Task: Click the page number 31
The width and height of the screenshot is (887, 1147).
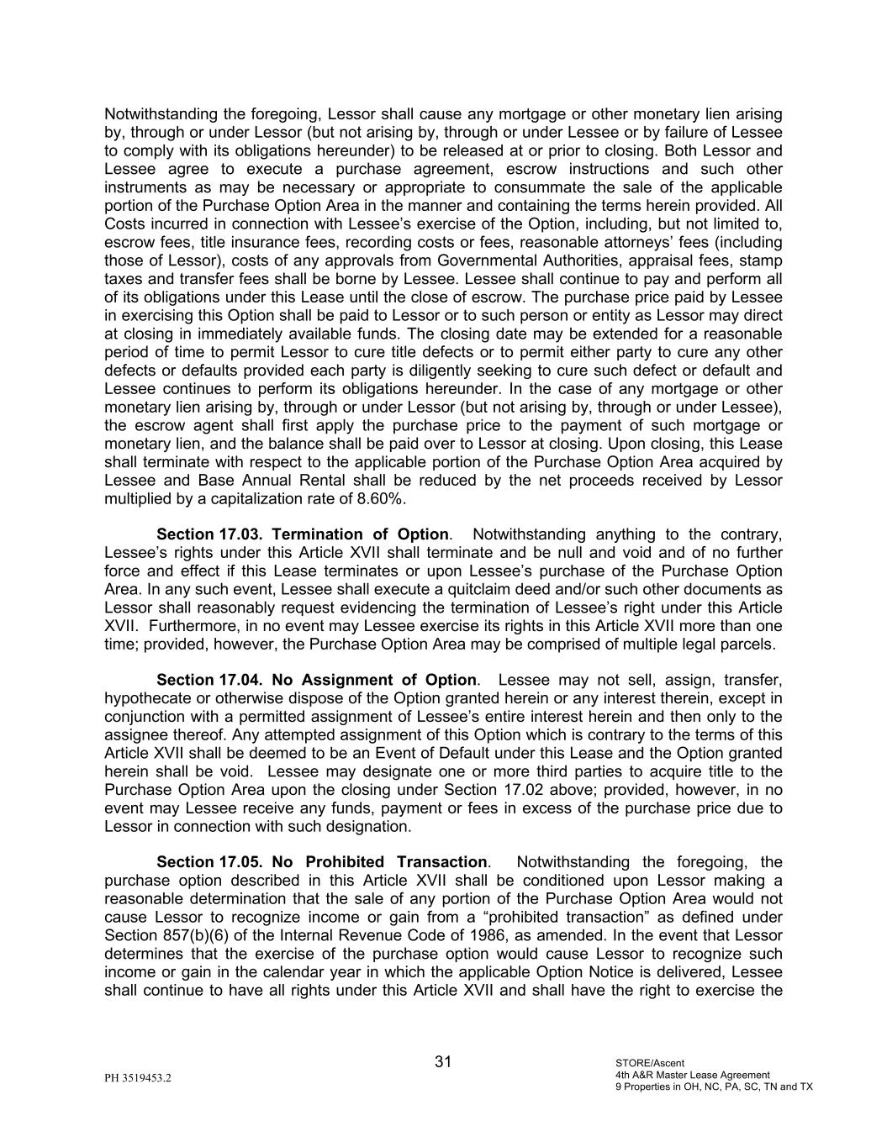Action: [443, 1061]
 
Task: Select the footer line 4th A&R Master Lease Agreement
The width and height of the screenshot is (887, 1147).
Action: [692, 1075]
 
